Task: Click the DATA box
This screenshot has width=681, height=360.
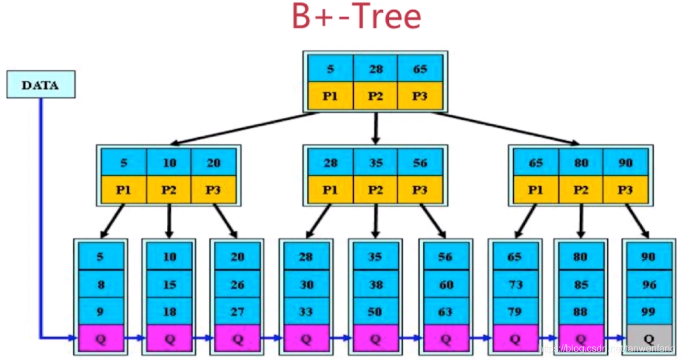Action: [x=40, y=85]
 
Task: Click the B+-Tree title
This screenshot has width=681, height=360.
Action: [x=356, y=17]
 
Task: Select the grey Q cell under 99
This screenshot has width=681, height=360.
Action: [x=649, y=339]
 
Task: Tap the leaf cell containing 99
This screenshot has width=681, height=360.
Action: [x=649, y=312]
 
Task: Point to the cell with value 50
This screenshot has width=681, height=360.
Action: [x=376, y=312]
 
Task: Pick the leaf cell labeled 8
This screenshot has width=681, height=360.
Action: [x=100, y=284]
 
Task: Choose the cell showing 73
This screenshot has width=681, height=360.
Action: [x=514, y=284]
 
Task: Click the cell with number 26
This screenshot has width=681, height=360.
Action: [x=237, y=284]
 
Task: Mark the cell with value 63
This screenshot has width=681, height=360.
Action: [x=446, y=312]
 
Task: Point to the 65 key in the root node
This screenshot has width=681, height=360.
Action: [x=420, y=69]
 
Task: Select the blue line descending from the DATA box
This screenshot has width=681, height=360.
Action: [x=41, y=211]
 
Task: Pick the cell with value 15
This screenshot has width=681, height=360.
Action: [x=169, y=284]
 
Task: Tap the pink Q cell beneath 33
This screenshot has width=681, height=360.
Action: [x=306, y=339]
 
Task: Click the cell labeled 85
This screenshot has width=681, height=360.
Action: [x=581, y=284]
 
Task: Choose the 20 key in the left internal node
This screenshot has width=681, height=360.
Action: [x=213, y=163]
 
